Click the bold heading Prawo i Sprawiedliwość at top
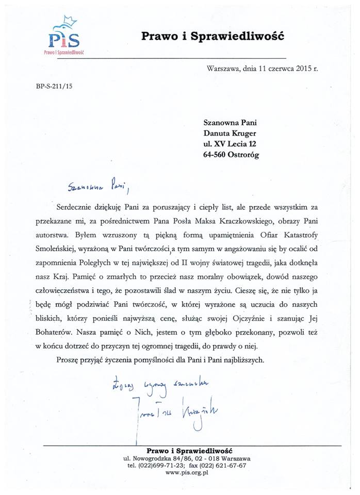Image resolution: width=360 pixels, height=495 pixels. pos(213,37)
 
